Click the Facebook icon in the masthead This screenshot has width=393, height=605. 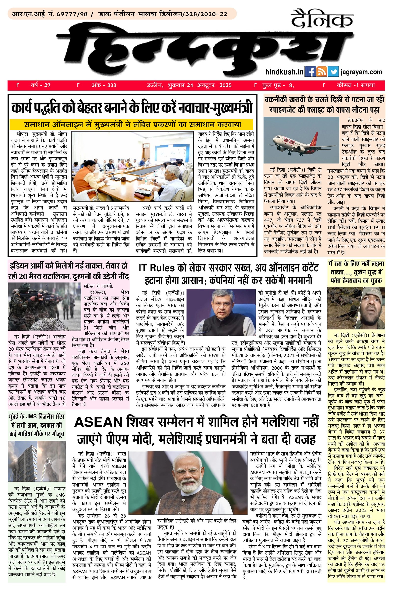click(x=310, y=72)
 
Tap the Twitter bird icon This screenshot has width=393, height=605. click(x=333, y=72)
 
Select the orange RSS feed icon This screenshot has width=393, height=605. click(x=322, y=72)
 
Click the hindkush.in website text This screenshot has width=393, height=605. click(x=284, y=72)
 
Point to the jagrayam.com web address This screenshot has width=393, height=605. click(x=362, y=72)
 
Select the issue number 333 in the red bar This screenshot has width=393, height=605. click(x=112, y=85)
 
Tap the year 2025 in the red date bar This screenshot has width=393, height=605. click(x=225, y=85)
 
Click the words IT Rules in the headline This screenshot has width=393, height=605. click(x=157, y=268)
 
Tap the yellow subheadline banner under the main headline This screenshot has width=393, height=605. click(x=132, y=125)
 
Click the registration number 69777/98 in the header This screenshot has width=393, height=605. click(x=72, y=14)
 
